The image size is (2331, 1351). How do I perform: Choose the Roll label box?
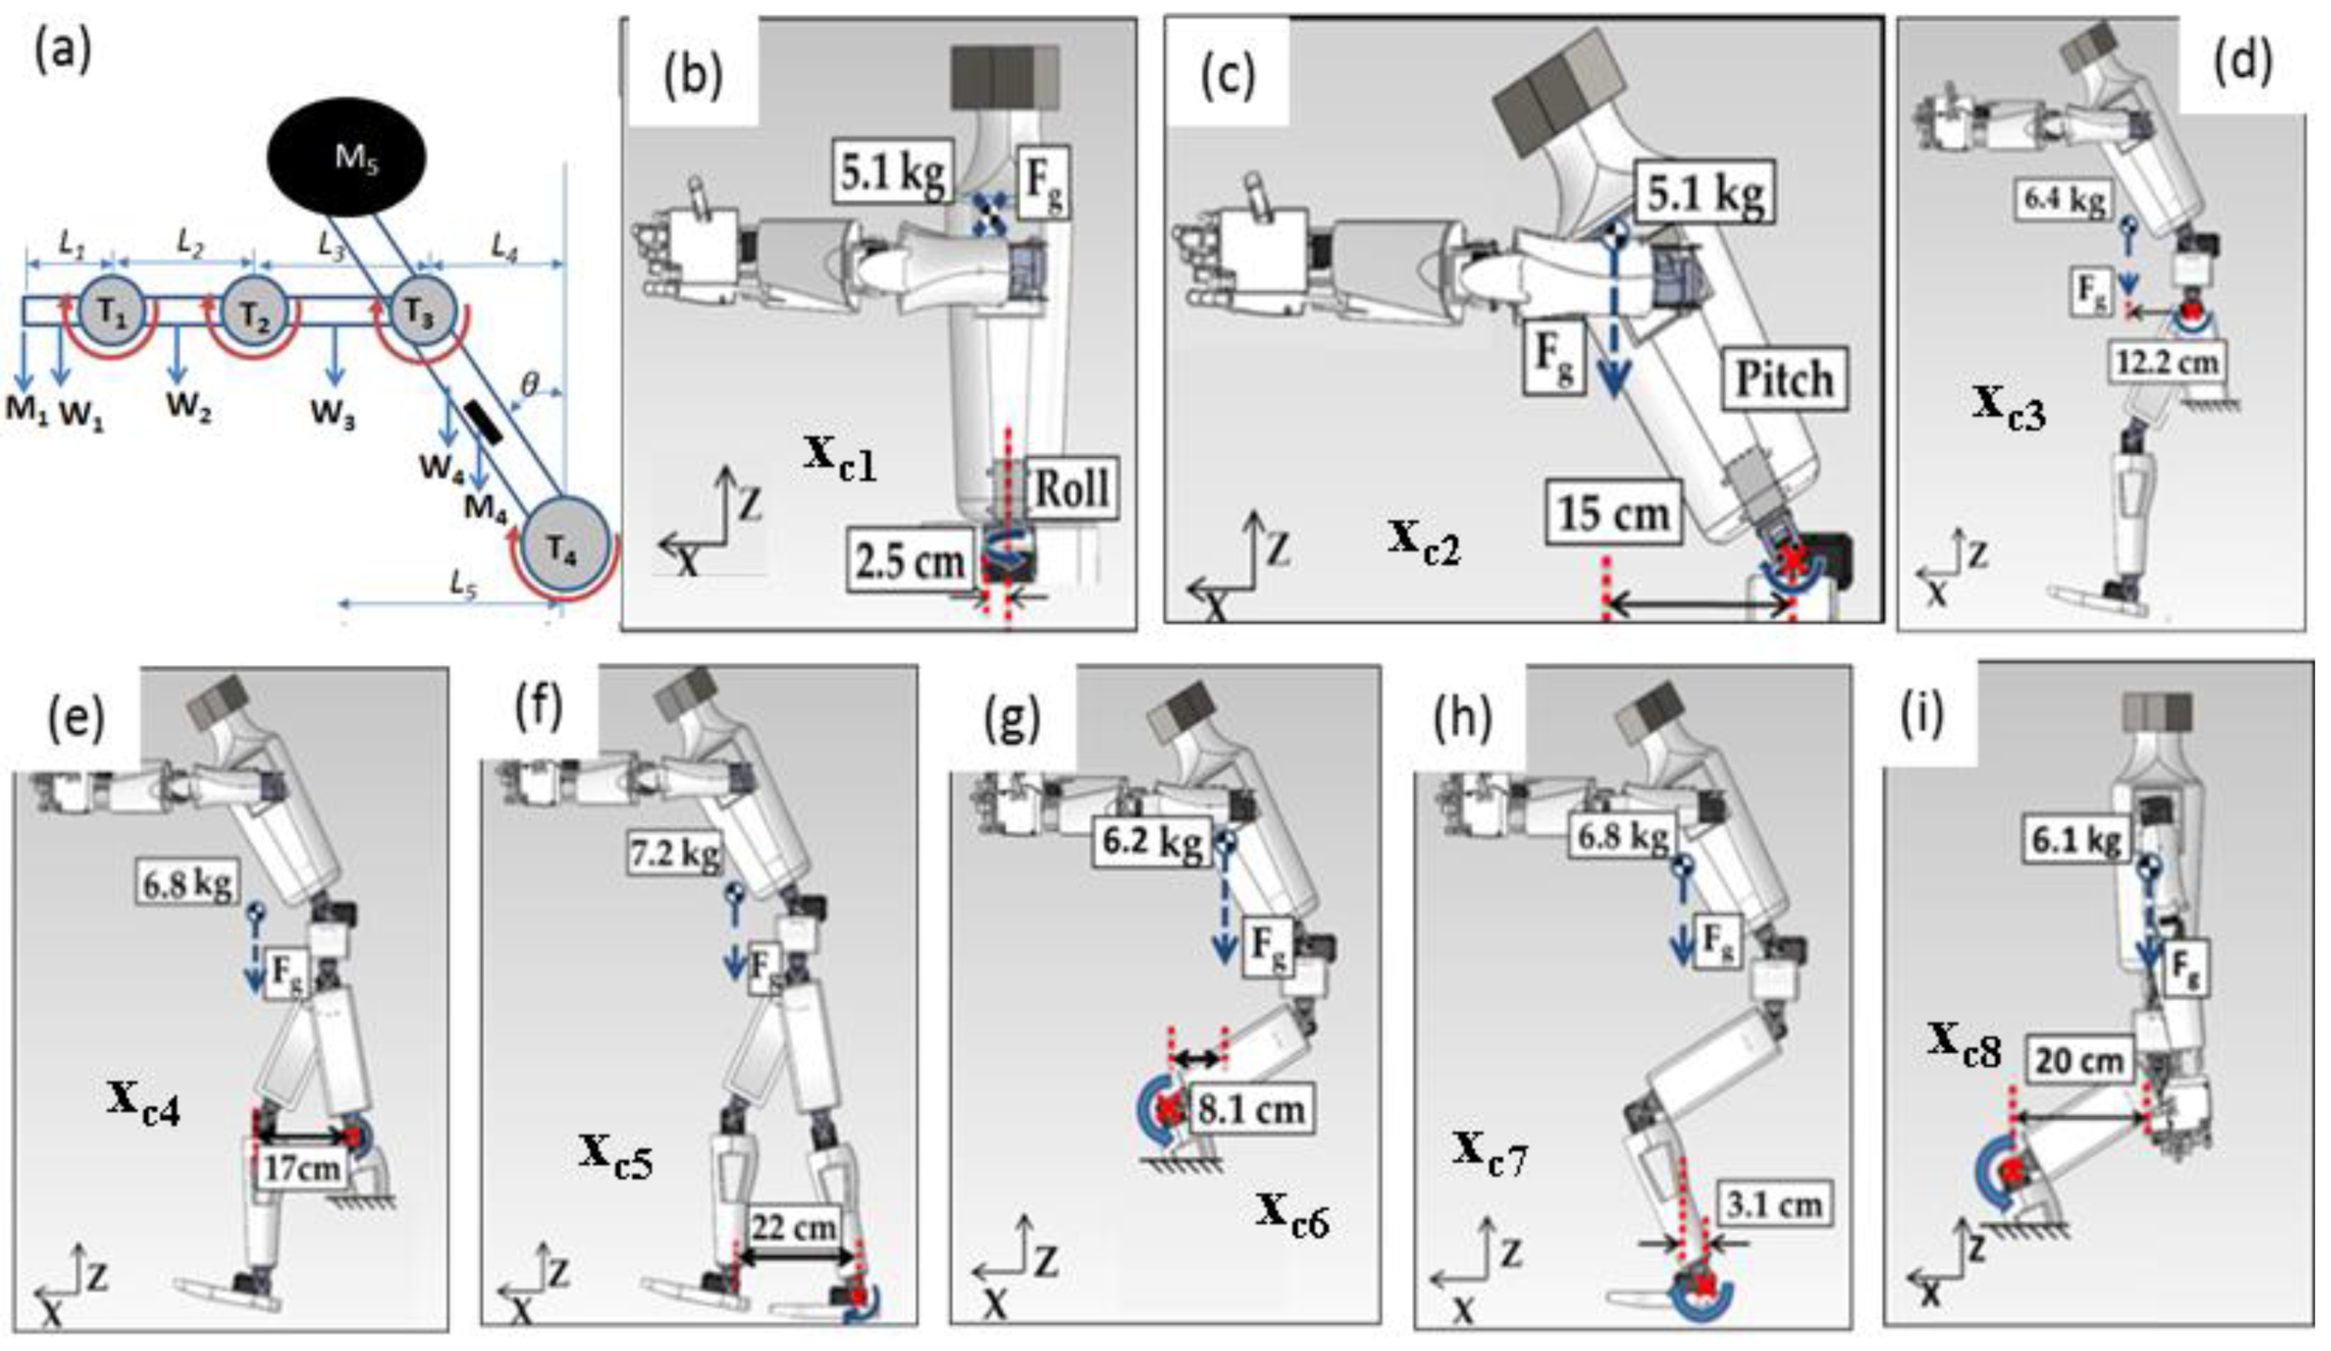(x=1071, y=488)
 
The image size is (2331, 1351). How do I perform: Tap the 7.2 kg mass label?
(x=677, y=855)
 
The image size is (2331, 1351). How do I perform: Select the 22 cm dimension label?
(x=795, y=1227)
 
